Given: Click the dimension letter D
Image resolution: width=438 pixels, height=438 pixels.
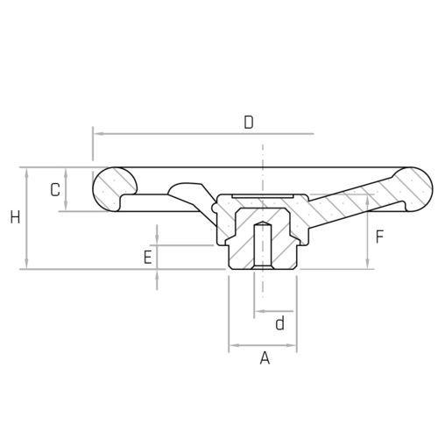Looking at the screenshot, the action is coord(249,123).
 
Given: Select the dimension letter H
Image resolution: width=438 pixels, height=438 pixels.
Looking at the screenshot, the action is coord(15,217).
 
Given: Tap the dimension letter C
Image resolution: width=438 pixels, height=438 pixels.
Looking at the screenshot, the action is coord(55,190).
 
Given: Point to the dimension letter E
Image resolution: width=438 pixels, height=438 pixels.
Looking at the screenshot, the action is coord(148,258).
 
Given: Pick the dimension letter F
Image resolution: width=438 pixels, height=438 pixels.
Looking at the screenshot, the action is coord(379,237).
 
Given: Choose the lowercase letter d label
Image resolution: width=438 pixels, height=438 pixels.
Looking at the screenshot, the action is coord(280,323).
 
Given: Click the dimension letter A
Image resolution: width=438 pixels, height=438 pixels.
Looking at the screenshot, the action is coord(265,358).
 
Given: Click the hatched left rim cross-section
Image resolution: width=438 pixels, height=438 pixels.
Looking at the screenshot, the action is coord(114,189).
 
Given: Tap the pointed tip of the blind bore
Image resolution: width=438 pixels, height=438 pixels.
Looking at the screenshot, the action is coord(263,222).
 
